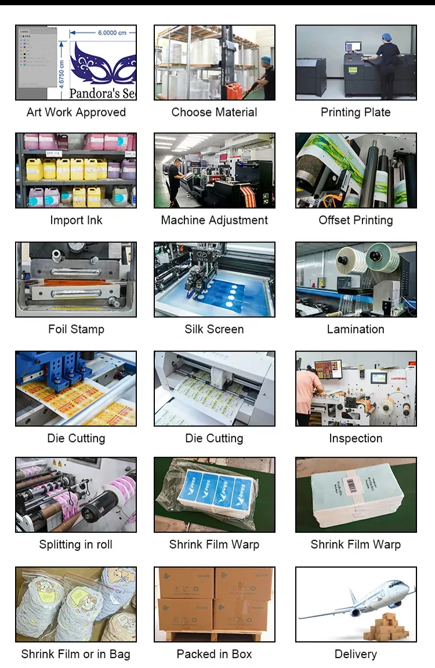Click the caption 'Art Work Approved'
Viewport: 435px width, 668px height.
pos(76,112)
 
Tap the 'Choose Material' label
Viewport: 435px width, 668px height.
pos(214,112)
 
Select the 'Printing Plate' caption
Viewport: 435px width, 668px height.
pos(356,112)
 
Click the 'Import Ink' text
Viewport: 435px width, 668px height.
pos(76,220)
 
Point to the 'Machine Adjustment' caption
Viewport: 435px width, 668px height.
pos(214,220)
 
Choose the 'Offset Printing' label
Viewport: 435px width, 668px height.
pos(356,220)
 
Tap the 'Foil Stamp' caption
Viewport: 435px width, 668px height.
pos(76,329)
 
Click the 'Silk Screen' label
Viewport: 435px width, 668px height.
pos(214,329)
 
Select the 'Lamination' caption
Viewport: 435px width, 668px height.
pos(356,329)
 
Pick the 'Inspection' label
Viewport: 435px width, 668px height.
pos(356,438)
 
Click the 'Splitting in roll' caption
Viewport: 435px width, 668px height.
pos(76,544)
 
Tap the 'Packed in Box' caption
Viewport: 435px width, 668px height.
pos(214,654)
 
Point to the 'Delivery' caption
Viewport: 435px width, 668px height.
pos(356,654)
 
